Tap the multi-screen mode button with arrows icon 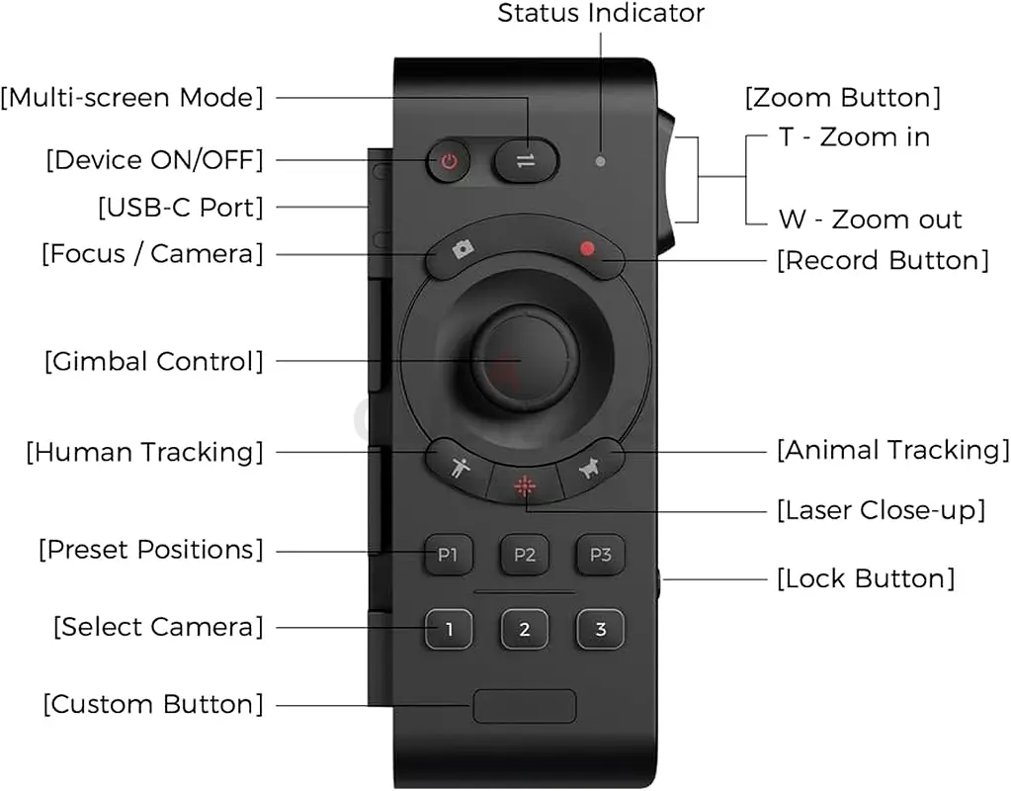(x=526, y=160)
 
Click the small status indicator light (x=600, y=160)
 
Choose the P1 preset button (x=449, y=555)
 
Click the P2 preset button (x=525, y=555)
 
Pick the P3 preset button (x=600, y=555)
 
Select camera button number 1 (x=449, y=629)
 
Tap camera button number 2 (x=525, y=629)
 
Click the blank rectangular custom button (x=524, y=706)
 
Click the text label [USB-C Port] (x=181, y=208)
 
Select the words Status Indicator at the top (x=601, y=14)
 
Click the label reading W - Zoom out (x=870, y=219)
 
